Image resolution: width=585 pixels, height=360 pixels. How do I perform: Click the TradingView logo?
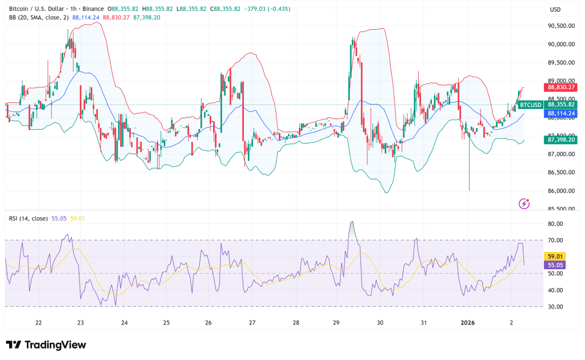pos(46,345)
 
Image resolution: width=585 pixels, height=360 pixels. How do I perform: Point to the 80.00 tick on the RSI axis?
pos(555,224)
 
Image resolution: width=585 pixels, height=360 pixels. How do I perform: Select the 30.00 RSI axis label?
pos(555,307)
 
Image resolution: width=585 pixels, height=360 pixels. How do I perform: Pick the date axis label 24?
pos(124,322)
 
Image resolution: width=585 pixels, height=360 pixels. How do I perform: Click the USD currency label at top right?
pos(555,10)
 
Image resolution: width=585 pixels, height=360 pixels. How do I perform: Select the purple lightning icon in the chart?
pos(524,203)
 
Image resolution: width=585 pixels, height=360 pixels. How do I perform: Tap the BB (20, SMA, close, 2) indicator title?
pos(39,18)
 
